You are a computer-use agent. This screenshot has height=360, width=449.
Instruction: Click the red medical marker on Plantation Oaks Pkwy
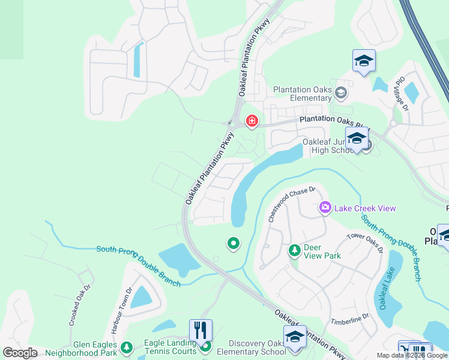tap(252, 122)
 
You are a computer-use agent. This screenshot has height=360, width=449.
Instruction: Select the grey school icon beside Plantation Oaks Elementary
tap(341, 92)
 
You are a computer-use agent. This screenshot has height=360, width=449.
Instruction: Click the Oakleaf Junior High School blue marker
tap(357, 138)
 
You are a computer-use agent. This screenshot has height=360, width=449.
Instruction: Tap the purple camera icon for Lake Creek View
tap(325, 208)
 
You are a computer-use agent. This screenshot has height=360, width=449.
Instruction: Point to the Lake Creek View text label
tap(366, 208)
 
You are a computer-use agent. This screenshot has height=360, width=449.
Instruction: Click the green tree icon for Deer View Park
tap(294, 249)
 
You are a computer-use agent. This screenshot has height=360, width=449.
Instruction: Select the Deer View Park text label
tap(322, 251)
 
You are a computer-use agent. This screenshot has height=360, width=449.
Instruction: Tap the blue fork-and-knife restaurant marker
tap(200, 329)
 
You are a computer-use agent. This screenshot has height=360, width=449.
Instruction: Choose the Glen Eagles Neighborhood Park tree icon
tap(126, 347)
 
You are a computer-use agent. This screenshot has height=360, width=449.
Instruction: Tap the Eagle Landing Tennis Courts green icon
tap(206, 346)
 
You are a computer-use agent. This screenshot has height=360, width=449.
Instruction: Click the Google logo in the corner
tap(20, 353)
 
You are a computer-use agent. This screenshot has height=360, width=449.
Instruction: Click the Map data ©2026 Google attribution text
tap(412, 355)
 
